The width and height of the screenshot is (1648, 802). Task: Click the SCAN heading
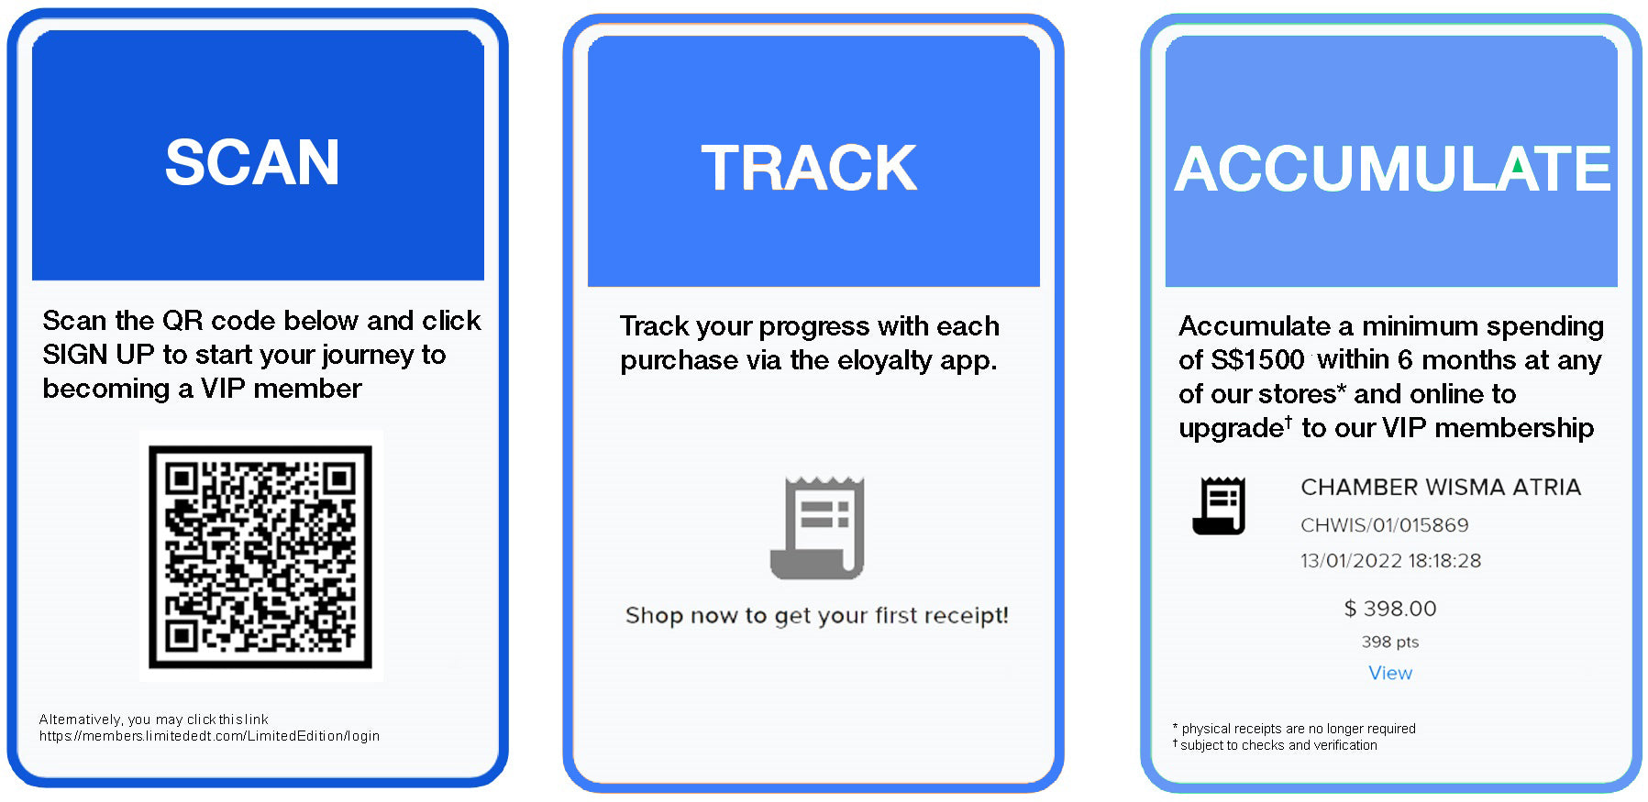coord(252,163)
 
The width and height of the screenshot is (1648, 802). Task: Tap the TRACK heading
coord(809,169)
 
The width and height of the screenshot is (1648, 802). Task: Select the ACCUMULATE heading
coord(1392,169)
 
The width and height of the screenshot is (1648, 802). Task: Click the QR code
coord(260,556)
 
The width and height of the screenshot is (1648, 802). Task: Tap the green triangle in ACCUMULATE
coord(1519,166)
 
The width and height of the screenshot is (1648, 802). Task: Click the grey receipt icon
coord(817,528)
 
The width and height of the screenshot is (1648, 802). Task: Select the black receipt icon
coord(1219,506)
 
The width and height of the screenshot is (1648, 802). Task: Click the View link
coord(1390,673)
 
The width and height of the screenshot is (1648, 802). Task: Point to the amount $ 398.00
coord(1390,609)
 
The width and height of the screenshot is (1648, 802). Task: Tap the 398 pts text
coord(1390,642)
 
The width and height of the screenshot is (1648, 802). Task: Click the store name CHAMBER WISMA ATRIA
coord(1441,487)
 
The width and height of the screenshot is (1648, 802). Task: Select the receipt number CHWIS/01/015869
coord(1385,525)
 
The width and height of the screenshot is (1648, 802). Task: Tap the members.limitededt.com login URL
coord(209,736)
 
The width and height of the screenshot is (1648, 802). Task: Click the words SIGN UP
coord(98,355)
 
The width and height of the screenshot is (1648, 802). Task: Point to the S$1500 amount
coord(1257,359)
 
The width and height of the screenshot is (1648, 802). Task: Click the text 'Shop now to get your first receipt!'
coord(817,615)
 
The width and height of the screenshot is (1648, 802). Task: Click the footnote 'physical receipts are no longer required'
coord(1299,729)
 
